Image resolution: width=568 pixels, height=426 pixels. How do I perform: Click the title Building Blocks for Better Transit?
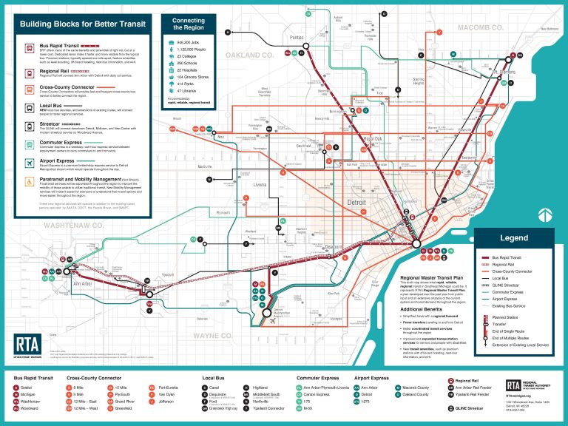click(x=82, y=24)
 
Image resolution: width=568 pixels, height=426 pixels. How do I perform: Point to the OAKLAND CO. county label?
click(x=249, y=55)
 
